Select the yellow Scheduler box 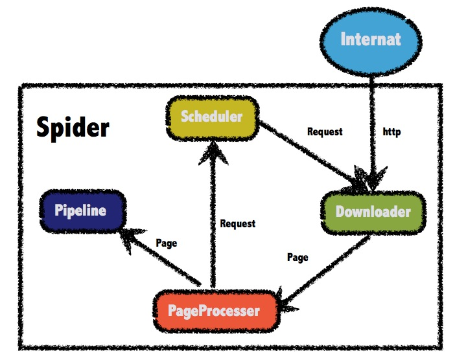211,117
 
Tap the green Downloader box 373,212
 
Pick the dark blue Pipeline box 80,210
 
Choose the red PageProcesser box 214,311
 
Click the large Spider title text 73,127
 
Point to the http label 392,132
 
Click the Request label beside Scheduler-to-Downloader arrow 325,132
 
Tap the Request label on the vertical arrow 238,224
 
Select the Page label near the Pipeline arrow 167,243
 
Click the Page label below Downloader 297,257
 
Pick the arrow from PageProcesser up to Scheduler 210,220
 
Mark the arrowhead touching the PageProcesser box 286,299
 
